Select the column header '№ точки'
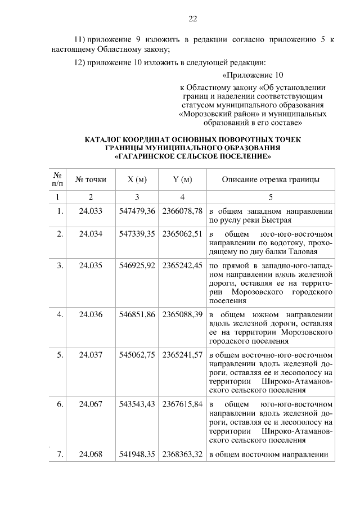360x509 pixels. [x=91, y=179]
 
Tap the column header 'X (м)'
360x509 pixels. [x=137, y=179]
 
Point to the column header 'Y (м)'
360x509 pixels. [x=182, y=179]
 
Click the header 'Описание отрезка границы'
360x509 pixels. [x=271, y=179]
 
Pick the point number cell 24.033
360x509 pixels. [x=91, y=211]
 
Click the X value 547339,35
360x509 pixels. [x=137, y=233]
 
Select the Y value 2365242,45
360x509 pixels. [x=182, y=265]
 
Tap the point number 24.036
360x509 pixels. [x=91, y=314]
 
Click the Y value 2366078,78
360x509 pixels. [x=182, y=211]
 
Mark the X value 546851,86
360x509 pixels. [x=137, y=314]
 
